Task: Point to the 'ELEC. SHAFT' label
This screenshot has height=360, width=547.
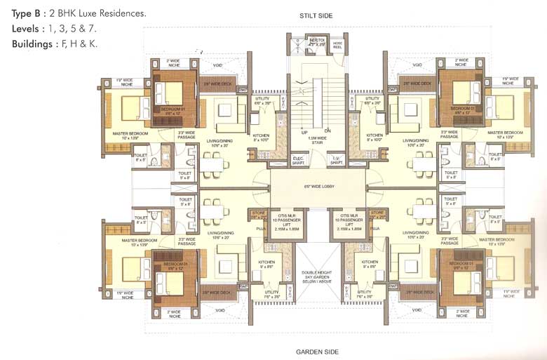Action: (298, 161)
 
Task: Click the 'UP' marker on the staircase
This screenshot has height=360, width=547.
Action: (304, 131)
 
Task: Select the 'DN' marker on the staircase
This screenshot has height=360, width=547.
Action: (327, 131)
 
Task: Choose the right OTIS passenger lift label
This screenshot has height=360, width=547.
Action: (349, 221)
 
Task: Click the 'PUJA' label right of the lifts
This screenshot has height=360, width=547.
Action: (375, 228)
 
